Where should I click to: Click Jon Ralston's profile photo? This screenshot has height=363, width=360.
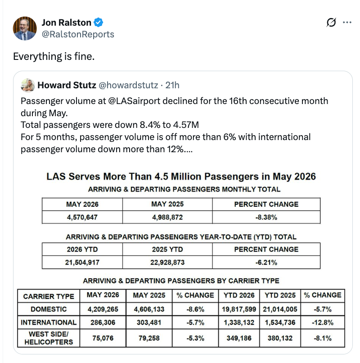coord(25,28)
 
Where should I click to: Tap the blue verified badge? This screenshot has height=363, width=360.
coord(99,23)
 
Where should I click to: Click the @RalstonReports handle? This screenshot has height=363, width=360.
coord(78,34)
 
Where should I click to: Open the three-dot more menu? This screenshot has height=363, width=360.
coord(347,23)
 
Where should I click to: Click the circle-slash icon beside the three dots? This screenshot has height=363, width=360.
coord(331,23)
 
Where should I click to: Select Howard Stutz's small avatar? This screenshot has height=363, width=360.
coord(28,85)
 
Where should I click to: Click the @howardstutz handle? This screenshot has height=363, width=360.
coord(128,85)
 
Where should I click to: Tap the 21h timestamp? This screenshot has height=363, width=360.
coord(172,85)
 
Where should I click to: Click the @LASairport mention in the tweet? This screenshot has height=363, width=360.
coord(134,101)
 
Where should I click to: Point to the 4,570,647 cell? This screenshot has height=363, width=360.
coord(82,217)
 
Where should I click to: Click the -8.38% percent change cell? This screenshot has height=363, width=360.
coord(266,217)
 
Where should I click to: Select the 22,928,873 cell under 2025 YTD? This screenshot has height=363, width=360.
coord(167,262)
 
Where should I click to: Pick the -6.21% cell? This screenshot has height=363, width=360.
coord(266,262)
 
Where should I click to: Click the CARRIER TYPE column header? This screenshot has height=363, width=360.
coord(49,296)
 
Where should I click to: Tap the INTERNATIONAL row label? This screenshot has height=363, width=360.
coord(49,322)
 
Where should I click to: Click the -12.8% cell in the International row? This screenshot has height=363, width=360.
coord(323,322)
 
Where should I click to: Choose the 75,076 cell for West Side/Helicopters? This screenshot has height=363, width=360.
coord(103,338)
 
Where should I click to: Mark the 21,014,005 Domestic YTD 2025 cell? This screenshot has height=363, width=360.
coord(280,309)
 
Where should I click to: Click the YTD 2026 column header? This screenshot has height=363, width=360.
coord(239,295)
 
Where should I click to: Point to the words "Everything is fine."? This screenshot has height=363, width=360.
coord(54,56)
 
